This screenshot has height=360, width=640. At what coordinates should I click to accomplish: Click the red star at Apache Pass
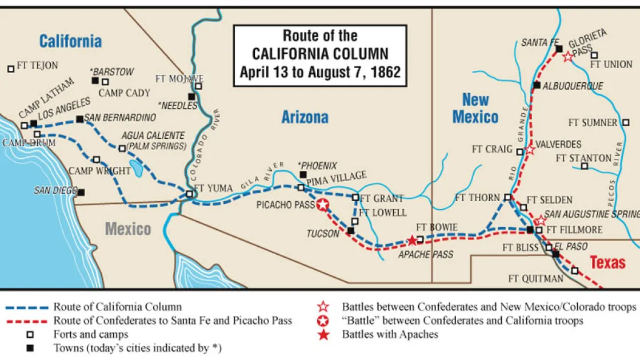coord(411,241)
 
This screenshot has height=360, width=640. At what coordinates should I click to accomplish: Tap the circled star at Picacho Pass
coord(323,205)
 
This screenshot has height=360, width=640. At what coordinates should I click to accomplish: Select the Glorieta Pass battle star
coord(567,56)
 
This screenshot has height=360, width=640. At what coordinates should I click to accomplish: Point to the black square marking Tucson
coord(351,231)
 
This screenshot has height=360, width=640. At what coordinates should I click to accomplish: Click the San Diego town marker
coord(82,193)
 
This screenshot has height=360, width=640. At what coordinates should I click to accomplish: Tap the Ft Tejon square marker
coord(10,69)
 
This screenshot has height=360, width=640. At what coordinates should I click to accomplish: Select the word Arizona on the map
coord(305,118)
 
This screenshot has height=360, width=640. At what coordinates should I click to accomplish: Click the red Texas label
coord(607,262)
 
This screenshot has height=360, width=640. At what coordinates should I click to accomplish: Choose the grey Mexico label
coord(128,229)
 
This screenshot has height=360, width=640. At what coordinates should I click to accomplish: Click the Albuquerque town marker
coord(536,86)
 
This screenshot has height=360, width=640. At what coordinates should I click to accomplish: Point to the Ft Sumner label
coord(593,122)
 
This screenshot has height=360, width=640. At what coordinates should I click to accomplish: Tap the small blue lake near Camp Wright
coord(137,168)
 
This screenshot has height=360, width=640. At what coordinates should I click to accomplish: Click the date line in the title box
coord(320,73)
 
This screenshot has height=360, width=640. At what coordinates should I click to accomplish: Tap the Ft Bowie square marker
coord(421,239)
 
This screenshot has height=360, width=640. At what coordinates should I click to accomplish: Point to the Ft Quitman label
coord(535,279)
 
